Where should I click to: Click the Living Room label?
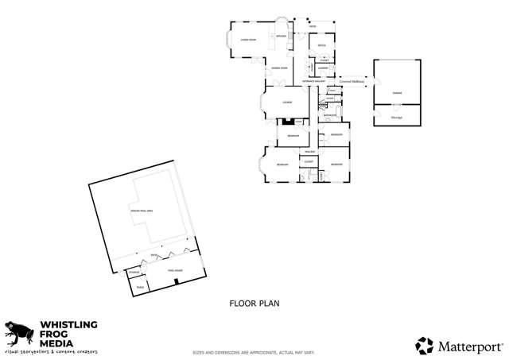coord(248,40)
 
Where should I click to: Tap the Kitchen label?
coord(281,37)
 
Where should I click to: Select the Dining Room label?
coord(280,68)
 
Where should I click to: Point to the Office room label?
coord(321,46)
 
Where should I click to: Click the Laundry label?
coord(324,68)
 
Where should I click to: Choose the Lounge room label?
coord(287,103)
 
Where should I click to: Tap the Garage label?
coord(396,93)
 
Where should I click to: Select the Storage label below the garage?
coord(396,118)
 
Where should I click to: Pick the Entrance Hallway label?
coord(313,81)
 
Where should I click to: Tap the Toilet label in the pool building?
coord(140,287)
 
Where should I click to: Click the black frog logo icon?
coord(17,332)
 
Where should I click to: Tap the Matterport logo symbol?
coord(425,346)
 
